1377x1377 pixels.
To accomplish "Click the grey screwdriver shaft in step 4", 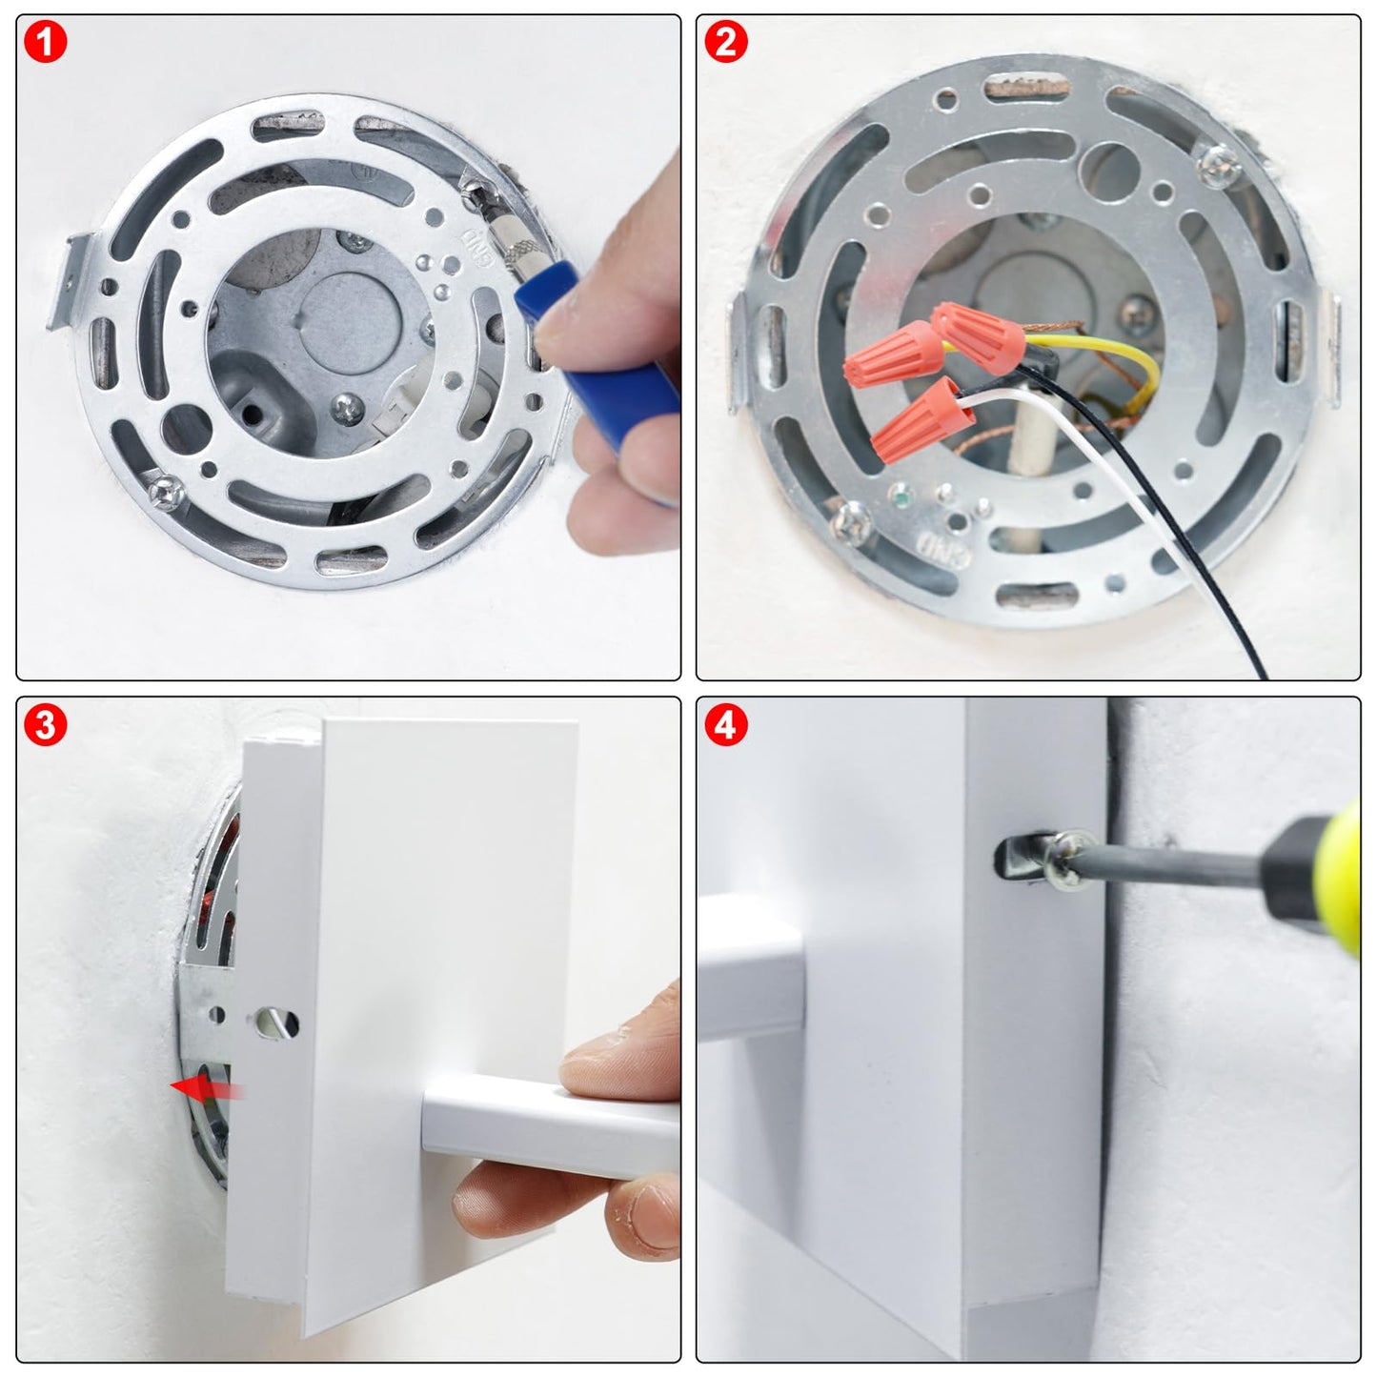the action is coord(1172,866).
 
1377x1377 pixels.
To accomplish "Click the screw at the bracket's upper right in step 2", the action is coord(1221,167).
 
